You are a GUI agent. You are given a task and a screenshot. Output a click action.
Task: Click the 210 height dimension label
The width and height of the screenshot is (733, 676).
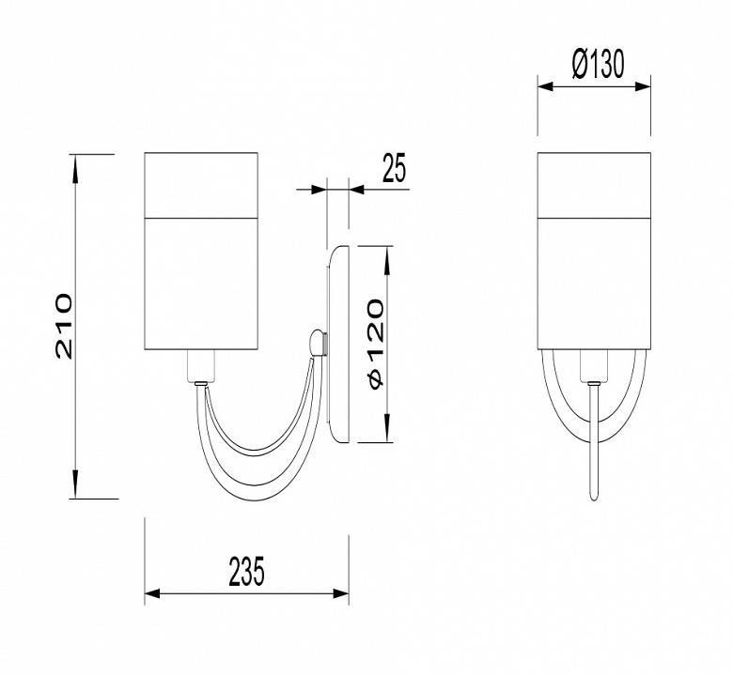pos(64,327)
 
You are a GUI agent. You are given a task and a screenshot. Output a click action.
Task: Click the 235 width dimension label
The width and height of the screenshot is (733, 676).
pos(247,571)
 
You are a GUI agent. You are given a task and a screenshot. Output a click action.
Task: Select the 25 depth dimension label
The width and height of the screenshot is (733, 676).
pos(394,167)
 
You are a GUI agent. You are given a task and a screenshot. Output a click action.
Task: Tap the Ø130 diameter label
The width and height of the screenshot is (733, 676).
pos(598,64)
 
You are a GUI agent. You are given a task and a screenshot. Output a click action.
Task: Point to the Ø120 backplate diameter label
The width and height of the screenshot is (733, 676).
pos(376,344)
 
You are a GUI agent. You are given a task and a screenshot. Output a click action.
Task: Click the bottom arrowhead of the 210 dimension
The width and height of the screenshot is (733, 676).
pos(75,484)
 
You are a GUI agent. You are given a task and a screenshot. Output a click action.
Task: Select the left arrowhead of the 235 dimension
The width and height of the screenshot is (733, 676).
pos(152,593)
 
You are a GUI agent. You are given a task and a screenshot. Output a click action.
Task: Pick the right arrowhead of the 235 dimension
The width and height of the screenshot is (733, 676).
pos(341,593)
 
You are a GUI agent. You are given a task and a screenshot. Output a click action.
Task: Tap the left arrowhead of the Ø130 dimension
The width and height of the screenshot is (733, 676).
pos(546,86)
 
